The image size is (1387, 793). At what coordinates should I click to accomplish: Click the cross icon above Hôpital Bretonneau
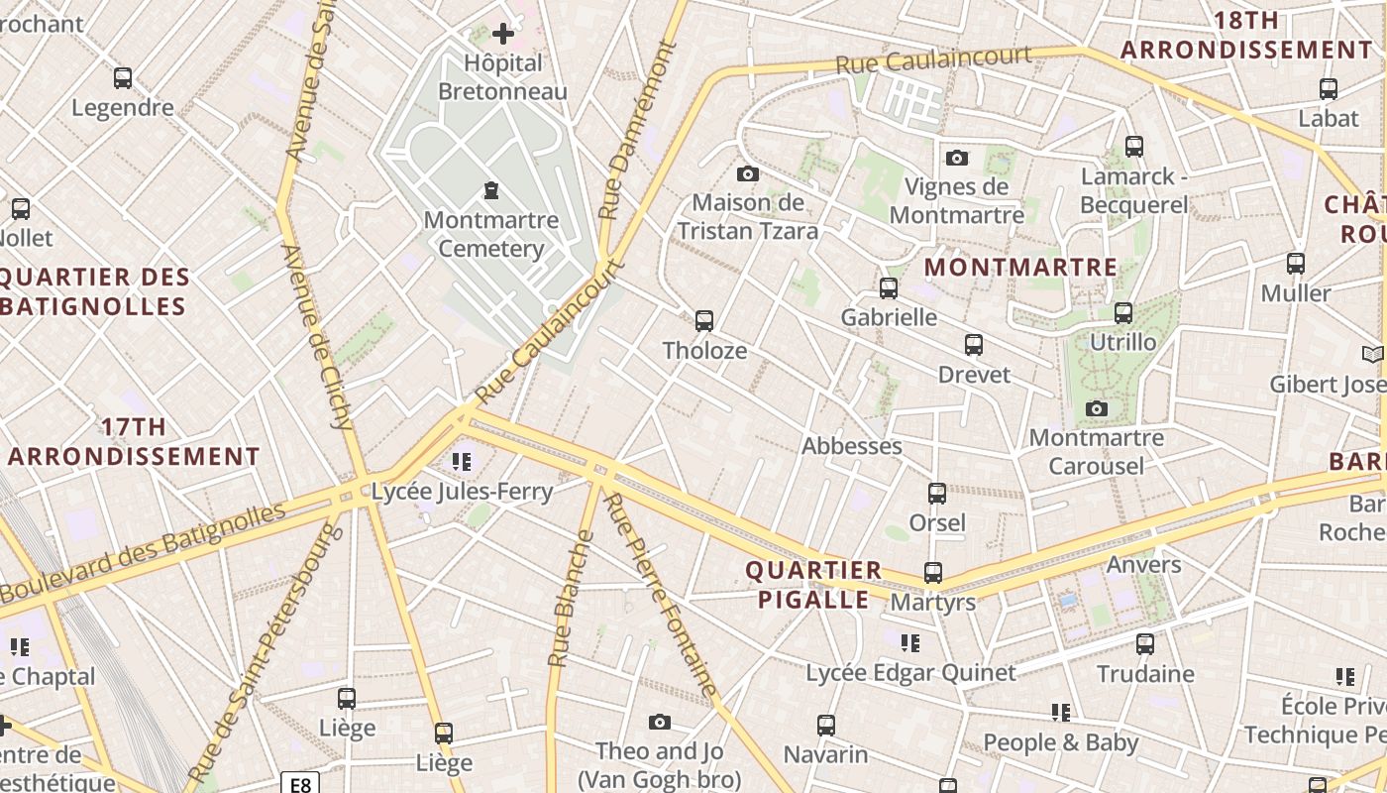pos(503,34)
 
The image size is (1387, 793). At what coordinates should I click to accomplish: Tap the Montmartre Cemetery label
pos(490,234)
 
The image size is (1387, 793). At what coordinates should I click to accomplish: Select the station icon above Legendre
pos(123,78)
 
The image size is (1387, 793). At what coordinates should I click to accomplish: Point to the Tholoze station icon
pos(704,321)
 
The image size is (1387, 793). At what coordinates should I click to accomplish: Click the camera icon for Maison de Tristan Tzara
pos(748,174)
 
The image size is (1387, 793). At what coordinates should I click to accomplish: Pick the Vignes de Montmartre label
pos(956,200)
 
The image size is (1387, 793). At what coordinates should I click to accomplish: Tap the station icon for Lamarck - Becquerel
pos(1134,147)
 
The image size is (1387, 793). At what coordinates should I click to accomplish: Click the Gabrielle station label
pos(889,317)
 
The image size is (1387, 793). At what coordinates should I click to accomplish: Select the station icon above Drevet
pos(974,345)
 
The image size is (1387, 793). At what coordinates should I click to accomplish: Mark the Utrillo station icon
pos(1123,313)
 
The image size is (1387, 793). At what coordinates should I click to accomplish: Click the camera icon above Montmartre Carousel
pos(1096,408)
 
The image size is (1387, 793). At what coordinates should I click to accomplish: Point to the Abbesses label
pos(852,446)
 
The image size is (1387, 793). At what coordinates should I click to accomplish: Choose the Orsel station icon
pos(936,493)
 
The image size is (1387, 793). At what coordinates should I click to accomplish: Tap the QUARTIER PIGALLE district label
pos(813,585)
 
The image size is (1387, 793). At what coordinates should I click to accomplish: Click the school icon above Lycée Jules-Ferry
pos(461,461)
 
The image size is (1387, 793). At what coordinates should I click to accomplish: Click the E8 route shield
pos(300,784)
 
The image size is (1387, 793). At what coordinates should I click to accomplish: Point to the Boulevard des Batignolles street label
pos(143,553)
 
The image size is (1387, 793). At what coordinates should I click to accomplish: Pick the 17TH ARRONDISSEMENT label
pos(134,442)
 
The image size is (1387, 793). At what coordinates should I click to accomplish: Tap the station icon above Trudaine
pos(1145,644)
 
